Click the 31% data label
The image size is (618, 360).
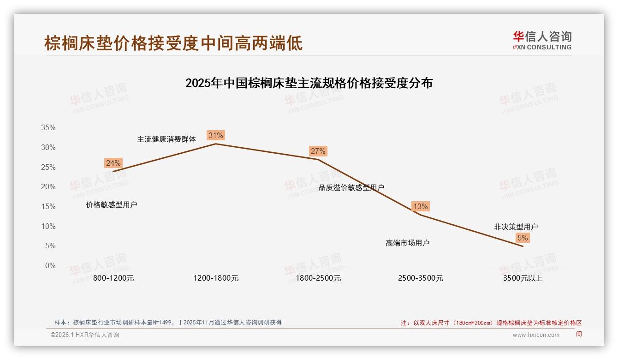point(215,135)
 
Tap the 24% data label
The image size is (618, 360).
point(113,163)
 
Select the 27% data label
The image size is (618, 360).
point(318,151)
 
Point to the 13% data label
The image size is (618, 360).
point(420,206)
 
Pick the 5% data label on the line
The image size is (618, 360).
point(523,238)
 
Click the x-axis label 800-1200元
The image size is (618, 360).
point(113,278)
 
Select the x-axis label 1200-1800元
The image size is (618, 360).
point(216,278)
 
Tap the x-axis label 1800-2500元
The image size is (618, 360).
point(318,278)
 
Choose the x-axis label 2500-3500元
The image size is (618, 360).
point(421,278)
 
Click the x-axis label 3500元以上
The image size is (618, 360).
point(523,278)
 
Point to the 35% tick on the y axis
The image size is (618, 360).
point(48,128)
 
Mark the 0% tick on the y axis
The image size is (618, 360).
point(50,266)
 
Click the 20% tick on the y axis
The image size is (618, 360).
point(48,187)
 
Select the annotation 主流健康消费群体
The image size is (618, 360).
point(166,139)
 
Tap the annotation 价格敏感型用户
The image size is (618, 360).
point(111,204)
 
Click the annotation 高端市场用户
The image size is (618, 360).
point(407,243)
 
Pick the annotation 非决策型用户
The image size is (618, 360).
point(516,227)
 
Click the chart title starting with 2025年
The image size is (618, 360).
point(309,83)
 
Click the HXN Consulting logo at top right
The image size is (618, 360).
point(542,40)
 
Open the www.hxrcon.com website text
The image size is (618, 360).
point(536,335)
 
